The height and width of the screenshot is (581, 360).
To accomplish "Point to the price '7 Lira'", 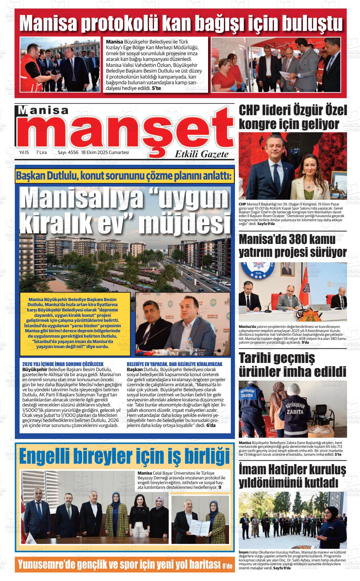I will [x=41, y=152].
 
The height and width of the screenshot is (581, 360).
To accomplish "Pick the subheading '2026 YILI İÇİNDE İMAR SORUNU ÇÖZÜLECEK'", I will [x=63, y=364].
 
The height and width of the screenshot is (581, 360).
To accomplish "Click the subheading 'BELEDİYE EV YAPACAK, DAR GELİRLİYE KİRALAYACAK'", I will [x=174, y=364].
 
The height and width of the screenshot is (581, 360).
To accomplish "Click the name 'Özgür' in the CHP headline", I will [x=303, y=111].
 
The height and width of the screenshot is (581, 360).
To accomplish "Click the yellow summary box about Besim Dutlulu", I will [x=75, y=323].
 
